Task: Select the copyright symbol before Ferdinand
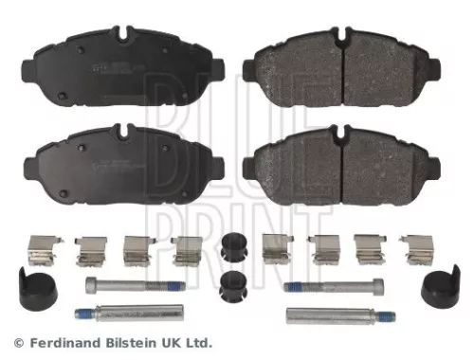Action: (x=18, y=342)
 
